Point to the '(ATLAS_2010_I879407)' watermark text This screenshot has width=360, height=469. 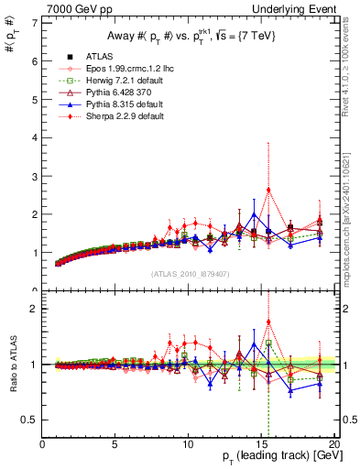coord(189,272)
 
